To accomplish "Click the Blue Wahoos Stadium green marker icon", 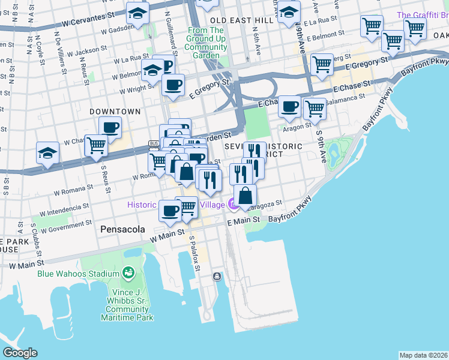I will [128, 274].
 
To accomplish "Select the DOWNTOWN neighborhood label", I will [115, 112].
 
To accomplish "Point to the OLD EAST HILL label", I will [239, 20].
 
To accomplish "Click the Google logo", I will [20, 353].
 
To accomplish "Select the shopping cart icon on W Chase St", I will [96, 145].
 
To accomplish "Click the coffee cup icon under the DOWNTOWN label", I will [110, 127].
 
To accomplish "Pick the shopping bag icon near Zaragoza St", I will [245, 196].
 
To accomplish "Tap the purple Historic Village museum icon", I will [232, 205].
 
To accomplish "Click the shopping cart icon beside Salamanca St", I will [315, 109].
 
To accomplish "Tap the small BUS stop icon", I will [154, 143].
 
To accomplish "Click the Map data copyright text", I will [423, 355].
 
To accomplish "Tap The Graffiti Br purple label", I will [421, 14].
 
